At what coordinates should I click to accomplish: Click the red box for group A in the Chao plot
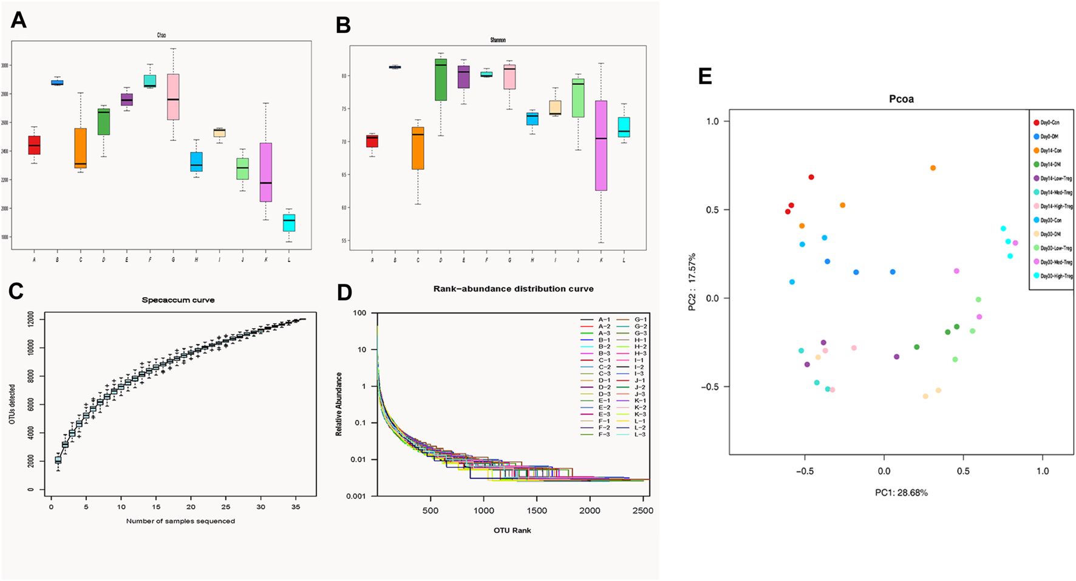coord(34,145)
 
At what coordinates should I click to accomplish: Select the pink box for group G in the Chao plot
coord(173,97)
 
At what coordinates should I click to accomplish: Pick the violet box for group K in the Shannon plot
coord(601,146)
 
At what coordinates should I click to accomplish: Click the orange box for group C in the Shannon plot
coord(418,148)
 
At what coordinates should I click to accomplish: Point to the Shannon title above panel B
coord(498,40)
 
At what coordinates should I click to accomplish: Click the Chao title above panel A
coord(162,36)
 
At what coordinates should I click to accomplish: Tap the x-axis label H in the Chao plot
coord(196,260)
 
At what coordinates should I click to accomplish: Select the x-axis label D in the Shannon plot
coord(440,261)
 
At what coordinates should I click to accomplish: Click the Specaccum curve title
coord(178,300)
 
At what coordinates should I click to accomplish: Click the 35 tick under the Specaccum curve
coord(295,506)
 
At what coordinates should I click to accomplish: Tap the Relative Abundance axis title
coord(339,404)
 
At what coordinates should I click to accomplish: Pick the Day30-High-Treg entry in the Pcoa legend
coord(1055,276)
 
